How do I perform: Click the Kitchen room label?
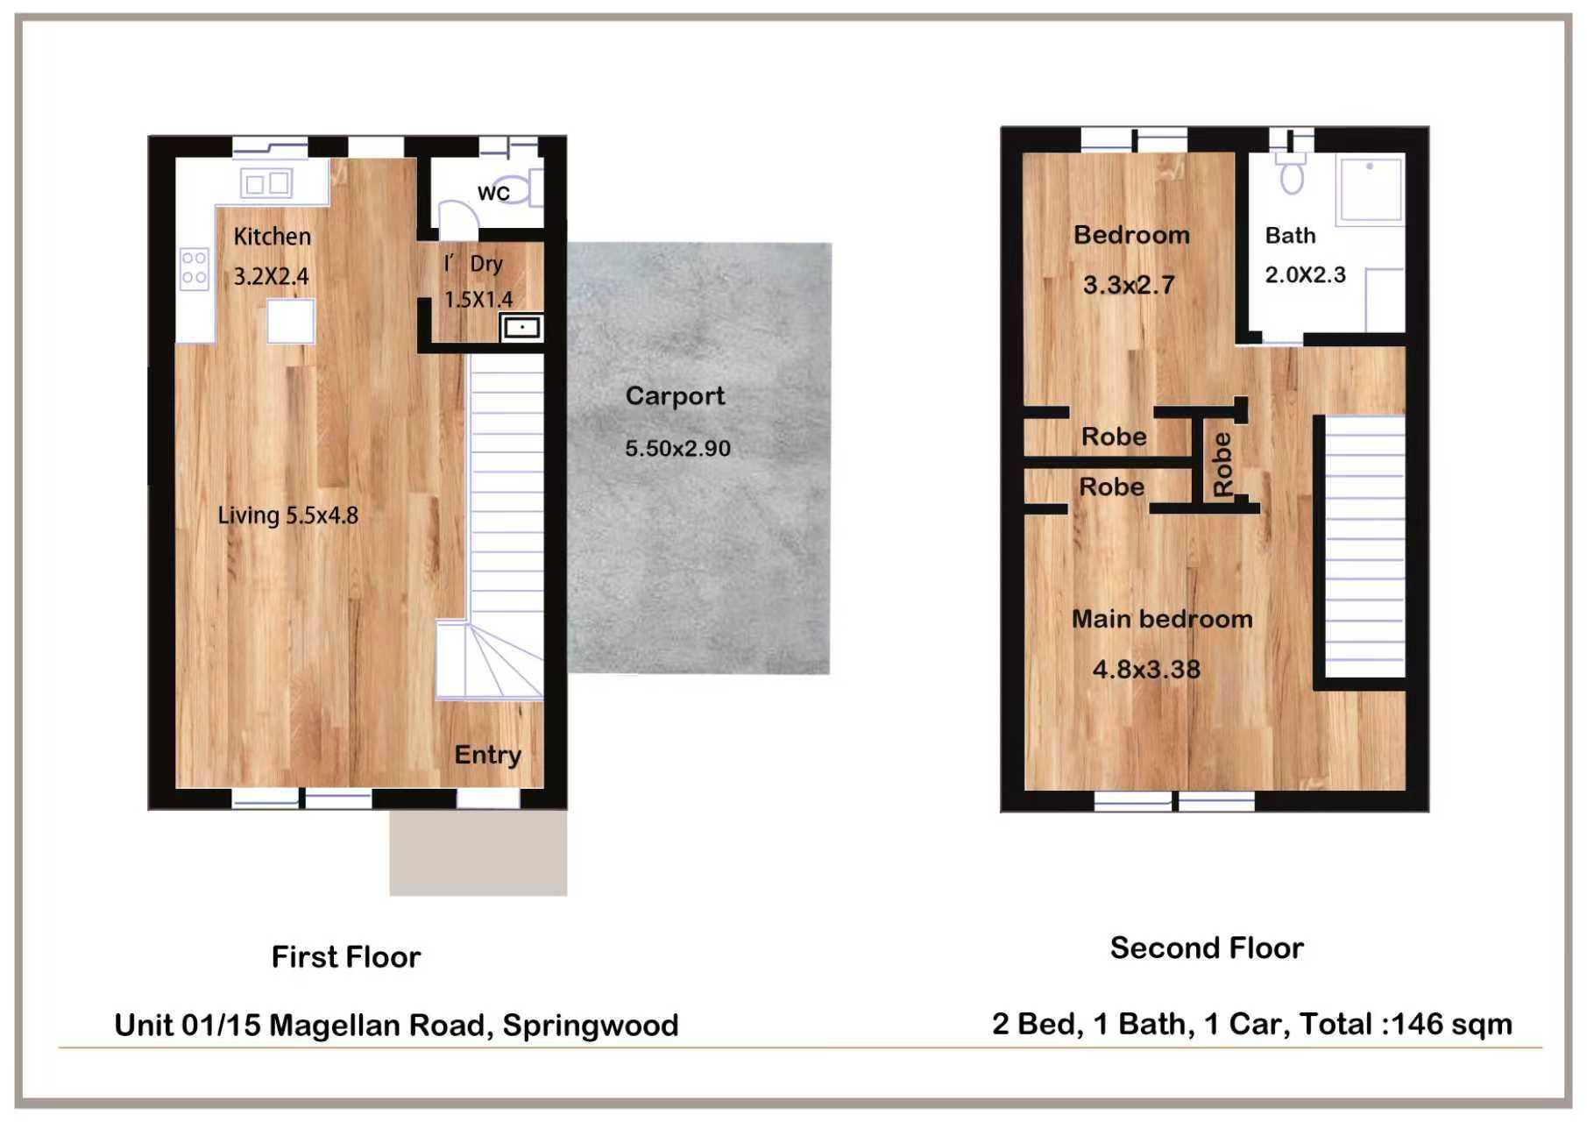tap(272, 237)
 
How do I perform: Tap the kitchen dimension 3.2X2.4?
tap(271, 277)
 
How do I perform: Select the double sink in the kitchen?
tap(266, 183)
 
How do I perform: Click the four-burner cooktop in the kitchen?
tap(194, 268)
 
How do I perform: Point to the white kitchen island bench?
tap(291, 321)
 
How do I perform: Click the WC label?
tap(493, 193)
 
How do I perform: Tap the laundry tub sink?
tap(521, 328)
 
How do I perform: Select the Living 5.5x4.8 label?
tap(287, 515)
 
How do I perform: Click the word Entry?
tap(487, 756)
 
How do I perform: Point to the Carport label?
tap(675, 396)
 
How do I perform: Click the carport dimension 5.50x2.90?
tap(677, 449)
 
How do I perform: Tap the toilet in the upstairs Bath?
tap(1292, 172)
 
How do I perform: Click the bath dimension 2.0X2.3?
tap(1305, 275)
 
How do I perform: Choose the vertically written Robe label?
tap(1222, 465)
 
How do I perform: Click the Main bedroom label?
tap(1162, 620)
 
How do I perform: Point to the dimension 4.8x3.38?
tap(1146, 670)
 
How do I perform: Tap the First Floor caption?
tap(346, 957)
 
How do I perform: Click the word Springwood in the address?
tap(591, 1026)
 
